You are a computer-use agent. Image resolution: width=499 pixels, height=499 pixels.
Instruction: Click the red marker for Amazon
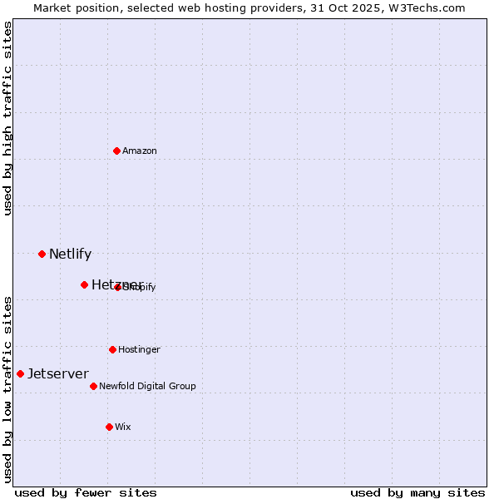116,151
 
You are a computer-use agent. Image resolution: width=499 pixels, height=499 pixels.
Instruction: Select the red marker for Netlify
42,254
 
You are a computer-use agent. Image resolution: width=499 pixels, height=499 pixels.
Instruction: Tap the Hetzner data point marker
84,284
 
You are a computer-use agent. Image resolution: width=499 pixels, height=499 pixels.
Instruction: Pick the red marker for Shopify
118,287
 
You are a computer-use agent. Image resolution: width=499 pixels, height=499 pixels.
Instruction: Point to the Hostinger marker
112,349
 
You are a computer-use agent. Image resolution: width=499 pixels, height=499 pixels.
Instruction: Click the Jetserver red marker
20,373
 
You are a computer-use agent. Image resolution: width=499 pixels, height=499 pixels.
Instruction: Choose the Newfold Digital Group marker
93,386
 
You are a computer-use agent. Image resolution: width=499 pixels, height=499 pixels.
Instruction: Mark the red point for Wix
109,427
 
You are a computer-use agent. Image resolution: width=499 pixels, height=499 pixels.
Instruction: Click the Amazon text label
140,151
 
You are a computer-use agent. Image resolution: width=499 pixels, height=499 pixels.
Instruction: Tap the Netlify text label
70,254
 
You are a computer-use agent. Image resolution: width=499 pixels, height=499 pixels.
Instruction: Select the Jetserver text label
57,374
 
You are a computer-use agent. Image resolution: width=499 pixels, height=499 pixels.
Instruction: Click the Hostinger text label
139,350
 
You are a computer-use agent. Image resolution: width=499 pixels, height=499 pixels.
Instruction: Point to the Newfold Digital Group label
147,387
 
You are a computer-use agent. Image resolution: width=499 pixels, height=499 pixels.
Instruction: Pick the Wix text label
123,427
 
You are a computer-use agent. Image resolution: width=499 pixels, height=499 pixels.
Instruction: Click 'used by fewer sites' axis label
86,492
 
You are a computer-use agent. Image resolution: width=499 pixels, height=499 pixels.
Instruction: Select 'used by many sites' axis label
417,492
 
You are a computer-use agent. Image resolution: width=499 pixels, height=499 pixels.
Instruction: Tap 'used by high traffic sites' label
7,118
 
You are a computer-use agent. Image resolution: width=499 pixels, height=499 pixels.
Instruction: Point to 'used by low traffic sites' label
7,388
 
